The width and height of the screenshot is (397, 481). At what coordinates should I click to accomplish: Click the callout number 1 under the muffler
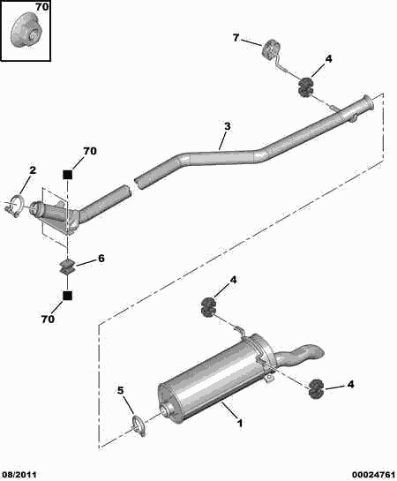point(240,424)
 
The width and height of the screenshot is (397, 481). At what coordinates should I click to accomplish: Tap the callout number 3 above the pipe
point(227,126)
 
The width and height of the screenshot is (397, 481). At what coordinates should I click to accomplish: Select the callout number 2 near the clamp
point(33,170)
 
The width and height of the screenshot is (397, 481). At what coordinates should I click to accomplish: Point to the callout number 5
point(121,390)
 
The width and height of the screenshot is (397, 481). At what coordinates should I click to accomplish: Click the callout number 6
point(101,259)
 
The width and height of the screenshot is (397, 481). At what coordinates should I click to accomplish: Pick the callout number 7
point(236,38)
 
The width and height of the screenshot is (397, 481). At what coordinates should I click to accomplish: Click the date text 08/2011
point(19,475)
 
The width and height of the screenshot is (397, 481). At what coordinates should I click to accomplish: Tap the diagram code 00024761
point(373,475)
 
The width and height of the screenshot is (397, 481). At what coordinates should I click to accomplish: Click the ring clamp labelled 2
point(14,206)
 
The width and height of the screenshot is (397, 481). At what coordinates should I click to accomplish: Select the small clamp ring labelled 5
point(139,425)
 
